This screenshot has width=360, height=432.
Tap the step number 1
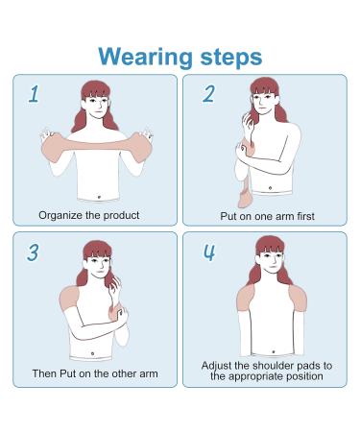[x=34, y=93]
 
